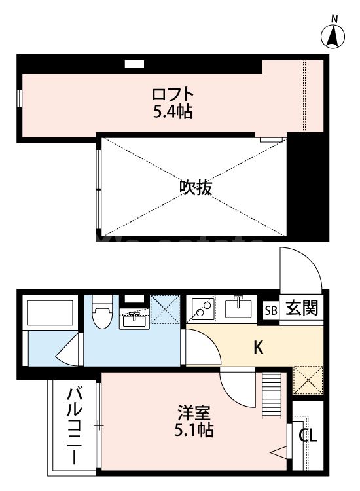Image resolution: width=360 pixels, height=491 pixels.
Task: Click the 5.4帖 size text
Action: point(173,112)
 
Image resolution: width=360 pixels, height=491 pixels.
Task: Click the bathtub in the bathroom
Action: point(49,314)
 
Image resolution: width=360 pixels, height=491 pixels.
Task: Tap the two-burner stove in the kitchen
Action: point(202,308)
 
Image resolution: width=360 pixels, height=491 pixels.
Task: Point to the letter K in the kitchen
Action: point(259,348)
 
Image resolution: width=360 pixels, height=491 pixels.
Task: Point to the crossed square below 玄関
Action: point(306,379)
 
